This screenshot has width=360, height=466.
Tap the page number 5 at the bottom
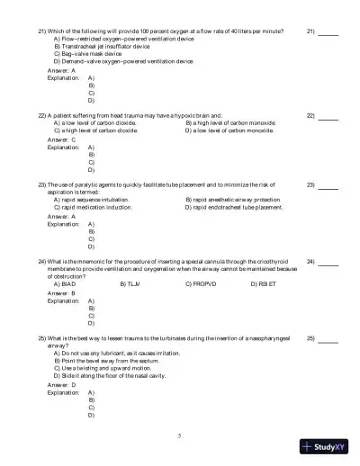click(179, 435)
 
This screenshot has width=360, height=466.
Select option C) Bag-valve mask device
click(93, 53)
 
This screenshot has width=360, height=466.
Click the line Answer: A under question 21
click(61, 69)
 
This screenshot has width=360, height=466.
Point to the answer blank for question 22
click(328, 116)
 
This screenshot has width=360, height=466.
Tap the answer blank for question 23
click(328, 184)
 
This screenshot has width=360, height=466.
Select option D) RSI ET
click(265, 284)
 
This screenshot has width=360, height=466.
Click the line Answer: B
click(61, 293)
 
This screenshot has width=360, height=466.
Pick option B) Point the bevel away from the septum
click(104, 362)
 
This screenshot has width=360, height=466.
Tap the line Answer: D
click(61, 385)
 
